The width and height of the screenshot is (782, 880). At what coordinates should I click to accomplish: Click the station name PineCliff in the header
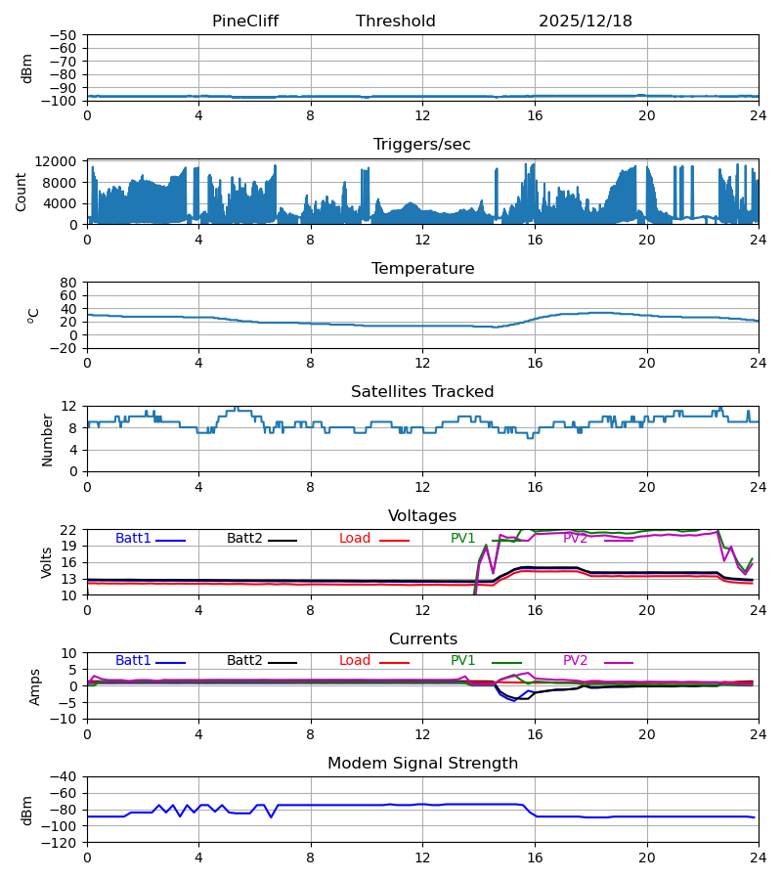click(x=244, y=22)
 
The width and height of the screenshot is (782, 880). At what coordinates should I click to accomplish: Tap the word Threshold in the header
click(x=395, y=22)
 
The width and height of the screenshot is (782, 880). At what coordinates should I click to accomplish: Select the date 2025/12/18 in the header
click(x=585, y=22)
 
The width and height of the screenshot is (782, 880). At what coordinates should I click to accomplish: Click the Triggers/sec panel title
click(x=421, y=145)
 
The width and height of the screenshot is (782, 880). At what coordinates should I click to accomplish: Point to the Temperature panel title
click(x=422, y=269)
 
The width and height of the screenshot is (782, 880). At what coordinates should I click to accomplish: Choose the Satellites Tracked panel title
click(x=422, y=392)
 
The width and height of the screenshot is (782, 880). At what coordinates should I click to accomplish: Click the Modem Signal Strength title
click(x=422, y=764)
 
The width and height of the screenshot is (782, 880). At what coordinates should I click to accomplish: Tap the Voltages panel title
click(x=422, y=516)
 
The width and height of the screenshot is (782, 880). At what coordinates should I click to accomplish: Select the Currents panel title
click(x=422, y=639)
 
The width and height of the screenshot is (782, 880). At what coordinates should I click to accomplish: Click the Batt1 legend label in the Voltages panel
click(x=133, y=539)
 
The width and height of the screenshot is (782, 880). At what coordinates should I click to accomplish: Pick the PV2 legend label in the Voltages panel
click(x=575, y=539)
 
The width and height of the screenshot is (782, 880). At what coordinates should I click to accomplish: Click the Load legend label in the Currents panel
click(x=355, y=661)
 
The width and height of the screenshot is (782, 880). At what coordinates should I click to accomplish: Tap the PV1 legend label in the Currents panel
click(x=462, y=661)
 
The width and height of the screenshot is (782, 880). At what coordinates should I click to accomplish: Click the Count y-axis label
click(x=22, y=193)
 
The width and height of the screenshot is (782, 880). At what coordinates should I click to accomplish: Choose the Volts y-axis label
click(x=47, y=562)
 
